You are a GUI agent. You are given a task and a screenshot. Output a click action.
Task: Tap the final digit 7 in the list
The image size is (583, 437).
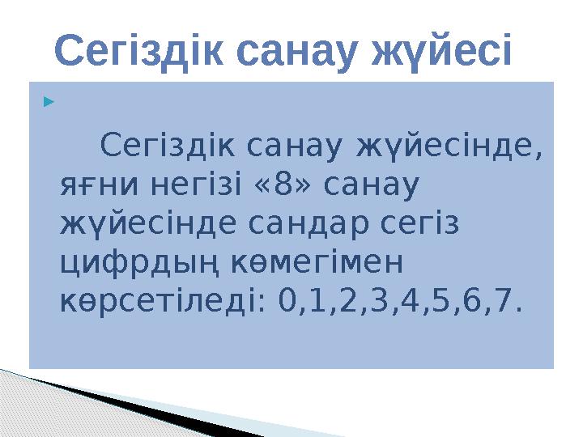pos(505,302)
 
